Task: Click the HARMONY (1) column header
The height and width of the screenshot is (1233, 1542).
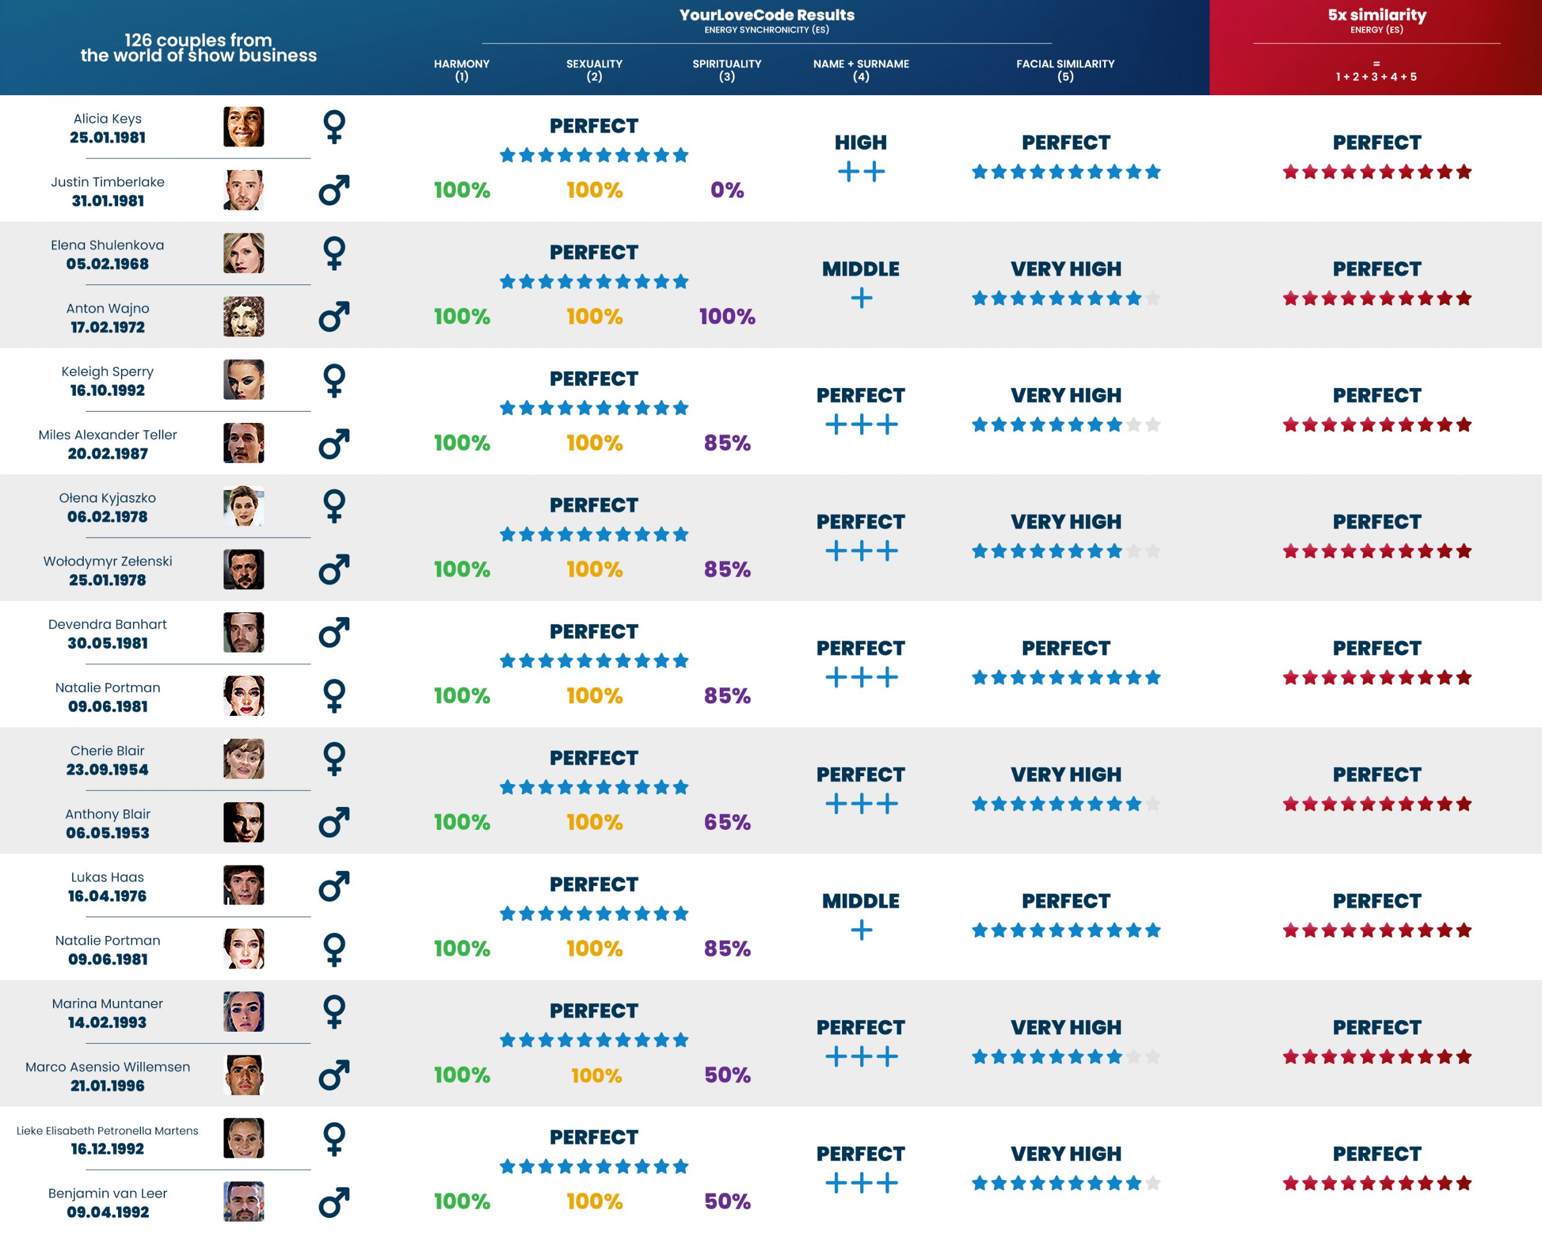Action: point(461,69)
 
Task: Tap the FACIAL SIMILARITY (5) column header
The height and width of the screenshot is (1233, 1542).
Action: point(1065,69)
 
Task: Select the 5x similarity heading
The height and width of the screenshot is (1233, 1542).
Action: point(1377,15)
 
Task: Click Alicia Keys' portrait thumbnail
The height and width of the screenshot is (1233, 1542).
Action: point(243,127)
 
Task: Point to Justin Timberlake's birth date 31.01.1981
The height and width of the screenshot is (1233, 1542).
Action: point(107,201)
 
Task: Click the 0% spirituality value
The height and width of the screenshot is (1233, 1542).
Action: point(726,190)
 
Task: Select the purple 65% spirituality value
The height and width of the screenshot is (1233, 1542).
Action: point(726,822)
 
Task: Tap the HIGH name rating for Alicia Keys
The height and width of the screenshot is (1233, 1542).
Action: point(860,142)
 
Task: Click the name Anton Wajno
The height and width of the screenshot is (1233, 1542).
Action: point(107,309)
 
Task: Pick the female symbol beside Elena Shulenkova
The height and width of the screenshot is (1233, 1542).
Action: point(334,253)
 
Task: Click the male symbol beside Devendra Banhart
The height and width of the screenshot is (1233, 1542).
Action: point(334,633)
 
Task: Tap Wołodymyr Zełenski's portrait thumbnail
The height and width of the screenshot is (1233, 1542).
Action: point(243,569)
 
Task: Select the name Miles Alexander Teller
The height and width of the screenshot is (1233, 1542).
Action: point(107,435)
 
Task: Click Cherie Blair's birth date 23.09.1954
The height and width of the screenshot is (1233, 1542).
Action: point(107,770)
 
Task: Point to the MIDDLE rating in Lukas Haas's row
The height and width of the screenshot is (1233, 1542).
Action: point(860,901)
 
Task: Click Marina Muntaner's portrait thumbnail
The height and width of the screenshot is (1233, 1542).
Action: point(243,1012)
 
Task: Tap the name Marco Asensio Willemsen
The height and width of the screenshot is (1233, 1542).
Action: point(107,1067)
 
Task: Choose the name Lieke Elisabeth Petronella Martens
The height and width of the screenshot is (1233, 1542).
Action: point(107,1131)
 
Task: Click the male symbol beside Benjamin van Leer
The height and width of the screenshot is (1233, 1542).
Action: point(334,1202)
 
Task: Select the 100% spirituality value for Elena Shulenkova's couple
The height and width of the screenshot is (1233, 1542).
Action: point(726,317)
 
